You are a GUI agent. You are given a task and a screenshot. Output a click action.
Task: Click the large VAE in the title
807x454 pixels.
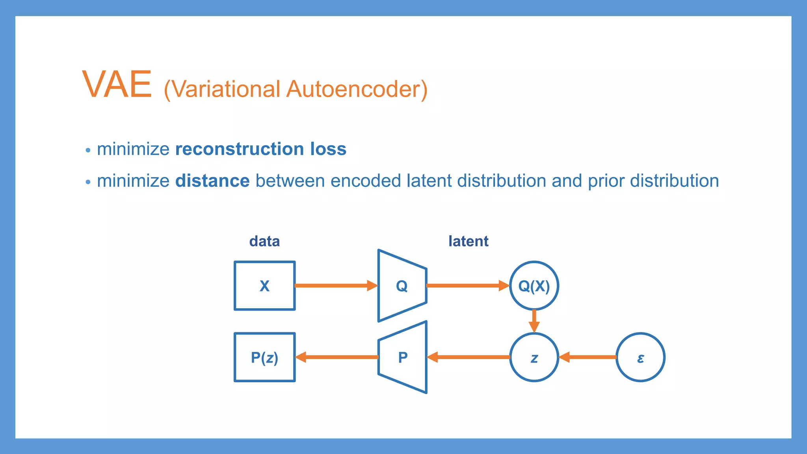click(117, 84)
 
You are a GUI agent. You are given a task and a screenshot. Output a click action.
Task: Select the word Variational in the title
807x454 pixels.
click(226, 89)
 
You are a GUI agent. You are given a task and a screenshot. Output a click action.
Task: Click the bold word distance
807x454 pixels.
click(212, 181)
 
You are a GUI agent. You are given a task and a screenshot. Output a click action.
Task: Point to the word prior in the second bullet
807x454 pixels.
click(605, 181)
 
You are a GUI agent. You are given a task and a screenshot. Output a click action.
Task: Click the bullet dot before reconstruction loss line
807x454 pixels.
click(88, 150)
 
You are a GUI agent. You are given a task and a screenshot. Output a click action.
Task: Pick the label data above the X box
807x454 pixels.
click(264, 241)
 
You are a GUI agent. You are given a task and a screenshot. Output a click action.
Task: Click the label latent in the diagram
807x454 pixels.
click(468, 241)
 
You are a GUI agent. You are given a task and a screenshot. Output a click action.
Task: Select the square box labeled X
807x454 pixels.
click(264, 286)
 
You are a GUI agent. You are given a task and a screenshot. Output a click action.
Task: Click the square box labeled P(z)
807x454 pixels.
click(264, 357)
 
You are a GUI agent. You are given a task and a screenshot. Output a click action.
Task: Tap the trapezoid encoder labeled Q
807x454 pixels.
click(402, 286)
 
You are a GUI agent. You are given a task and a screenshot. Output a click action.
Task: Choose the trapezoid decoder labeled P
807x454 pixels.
click(403, 357)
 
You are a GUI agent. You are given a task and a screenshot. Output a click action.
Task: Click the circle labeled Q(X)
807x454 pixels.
click(534, 286)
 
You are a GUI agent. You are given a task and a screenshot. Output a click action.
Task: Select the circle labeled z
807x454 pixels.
click(534, 357)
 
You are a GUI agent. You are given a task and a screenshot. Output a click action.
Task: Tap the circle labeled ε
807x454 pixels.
click(640, 357)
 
